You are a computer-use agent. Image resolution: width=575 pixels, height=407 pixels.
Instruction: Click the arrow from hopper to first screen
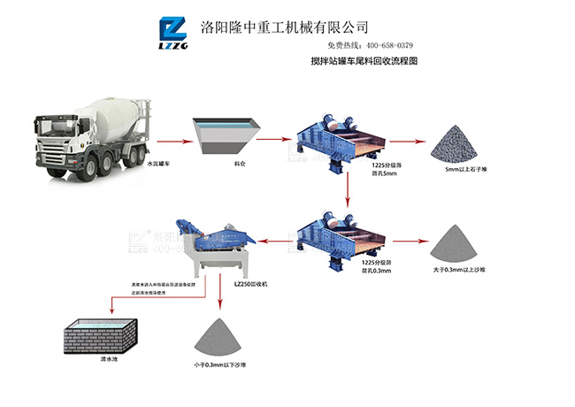pos(280,140)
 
